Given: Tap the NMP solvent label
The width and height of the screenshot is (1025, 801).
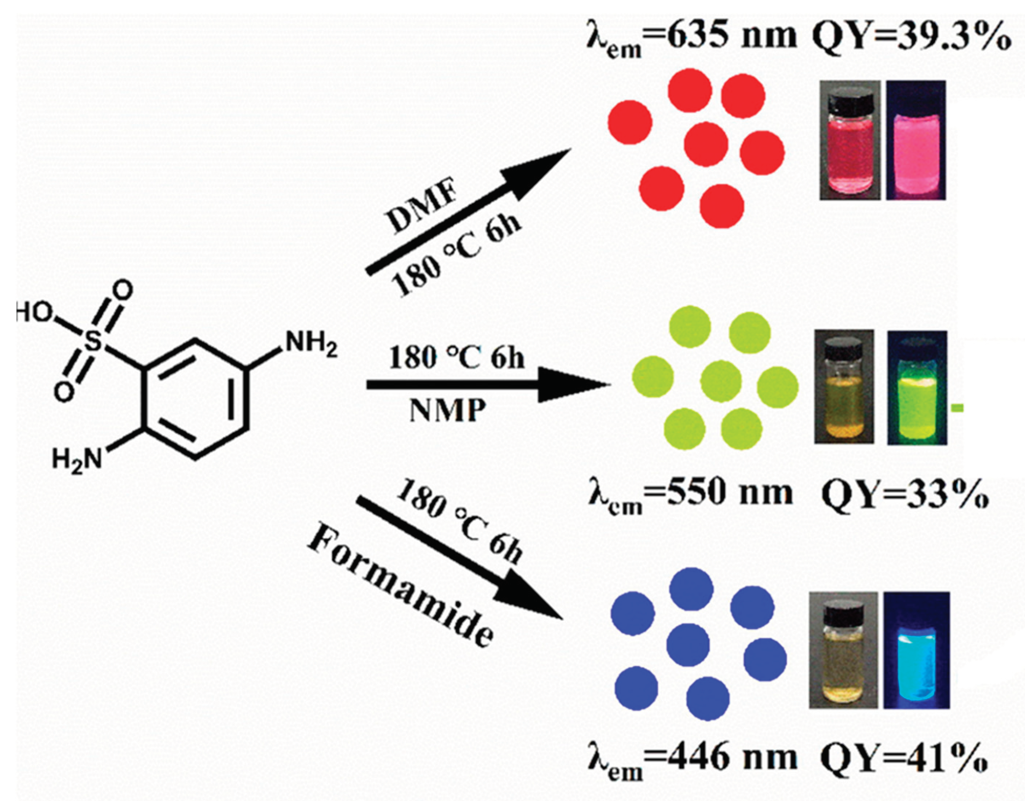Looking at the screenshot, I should pyautogui.click(x=447, y=411).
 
